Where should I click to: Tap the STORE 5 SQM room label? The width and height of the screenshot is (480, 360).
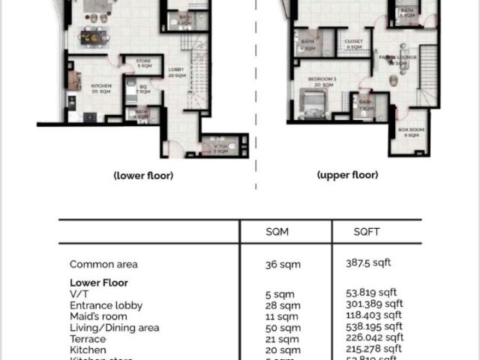click(143, 62)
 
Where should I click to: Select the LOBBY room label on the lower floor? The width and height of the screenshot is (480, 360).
click(176, 72)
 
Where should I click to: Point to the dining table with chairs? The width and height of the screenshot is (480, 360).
click(94, 35)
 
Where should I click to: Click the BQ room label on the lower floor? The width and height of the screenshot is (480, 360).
click(142, 89)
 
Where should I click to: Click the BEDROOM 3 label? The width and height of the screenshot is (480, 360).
click(324, 82)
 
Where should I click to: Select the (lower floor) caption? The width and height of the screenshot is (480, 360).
click(143, 175)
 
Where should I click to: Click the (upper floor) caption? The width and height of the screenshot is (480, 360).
click(347, 175)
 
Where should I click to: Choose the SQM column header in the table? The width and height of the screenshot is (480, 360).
click(277, 232)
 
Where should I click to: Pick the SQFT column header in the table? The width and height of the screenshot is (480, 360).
click(367, 232)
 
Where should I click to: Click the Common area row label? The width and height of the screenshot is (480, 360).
click(103, 264)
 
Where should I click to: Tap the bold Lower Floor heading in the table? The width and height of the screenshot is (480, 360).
click(99, 283)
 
